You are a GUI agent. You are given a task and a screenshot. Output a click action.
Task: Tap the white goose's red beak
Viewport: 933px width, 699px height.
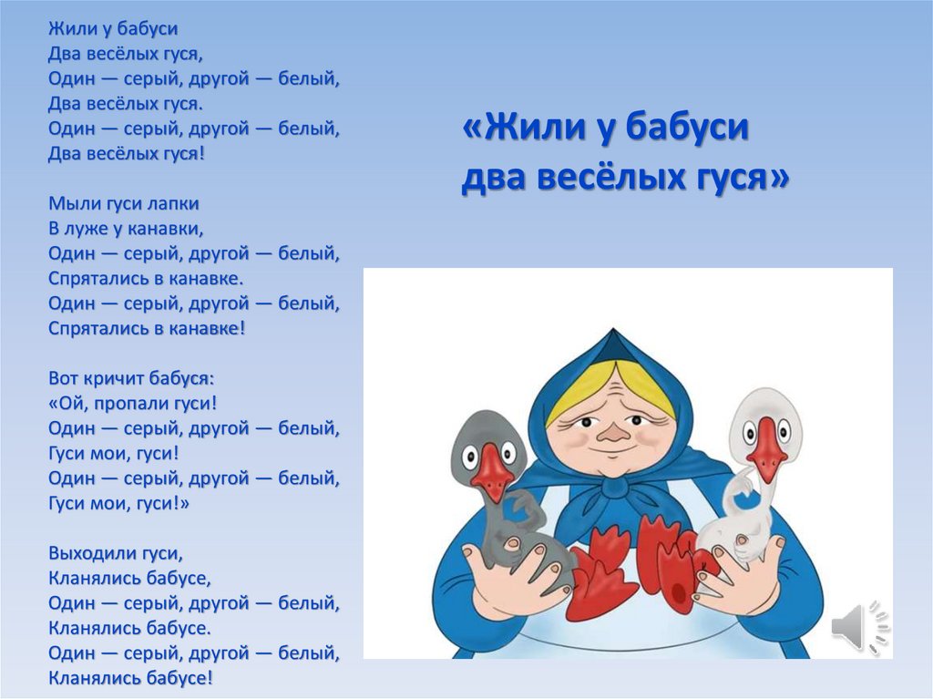point(767,447)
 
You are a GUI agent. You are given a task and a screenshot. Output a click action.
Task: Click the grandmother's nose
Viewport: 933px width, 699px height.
point(616,435)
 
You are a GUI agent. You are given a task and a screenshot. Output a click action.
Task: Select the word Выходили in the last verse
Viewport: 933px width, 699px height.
point(91,552)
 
